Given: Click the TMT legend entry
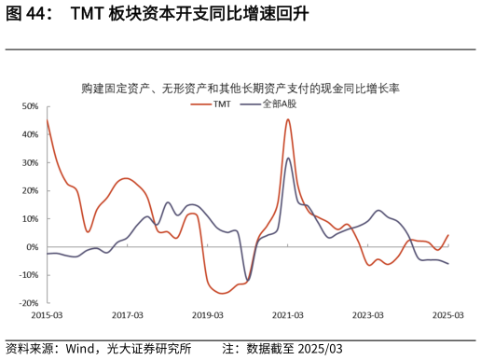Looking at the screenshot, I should [x=220, y=104].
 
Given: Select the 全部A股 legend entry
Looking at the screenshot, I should [x=275, y=104].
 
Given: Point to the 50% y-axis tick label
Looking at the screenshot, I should [x=29, y=106].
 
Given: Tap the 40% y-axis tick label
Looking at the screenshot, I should [x=29, y=134].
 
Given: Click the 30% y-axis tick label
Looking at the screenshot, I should [x=29, y=162].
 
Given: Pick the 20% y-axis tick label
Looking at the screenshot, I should [x=29, y=190].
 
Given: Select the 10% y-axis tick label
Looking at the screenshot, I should [x=29, y=218].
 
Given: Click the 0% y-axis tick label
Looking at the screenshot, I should [x=32, y=247].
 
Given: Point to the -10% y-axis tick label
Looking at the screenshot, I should [x=28, y=275].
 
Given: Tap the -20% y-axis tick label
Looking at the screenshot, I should [x=28, y=303].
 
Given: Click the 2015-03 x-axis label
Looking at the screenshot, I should [x=47, y=315].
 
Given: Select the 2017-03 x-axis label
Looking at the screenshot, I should [x=127, y=315].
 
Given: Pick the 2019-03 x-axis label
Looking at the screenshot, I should [x=207, y=315].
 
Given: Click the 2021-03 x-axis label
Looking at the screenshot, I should [x=288, y=315].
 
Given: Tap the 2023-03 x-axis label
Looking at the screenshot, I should [x=368, y=315].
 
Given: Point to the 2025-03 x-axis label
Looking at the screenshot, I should [x=448, y=315].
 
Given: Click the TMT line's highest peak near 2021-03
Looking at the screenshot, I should [x=288, y=119].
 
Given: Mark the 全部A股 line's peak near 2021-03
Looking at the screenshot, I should [x=288, y=158].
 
